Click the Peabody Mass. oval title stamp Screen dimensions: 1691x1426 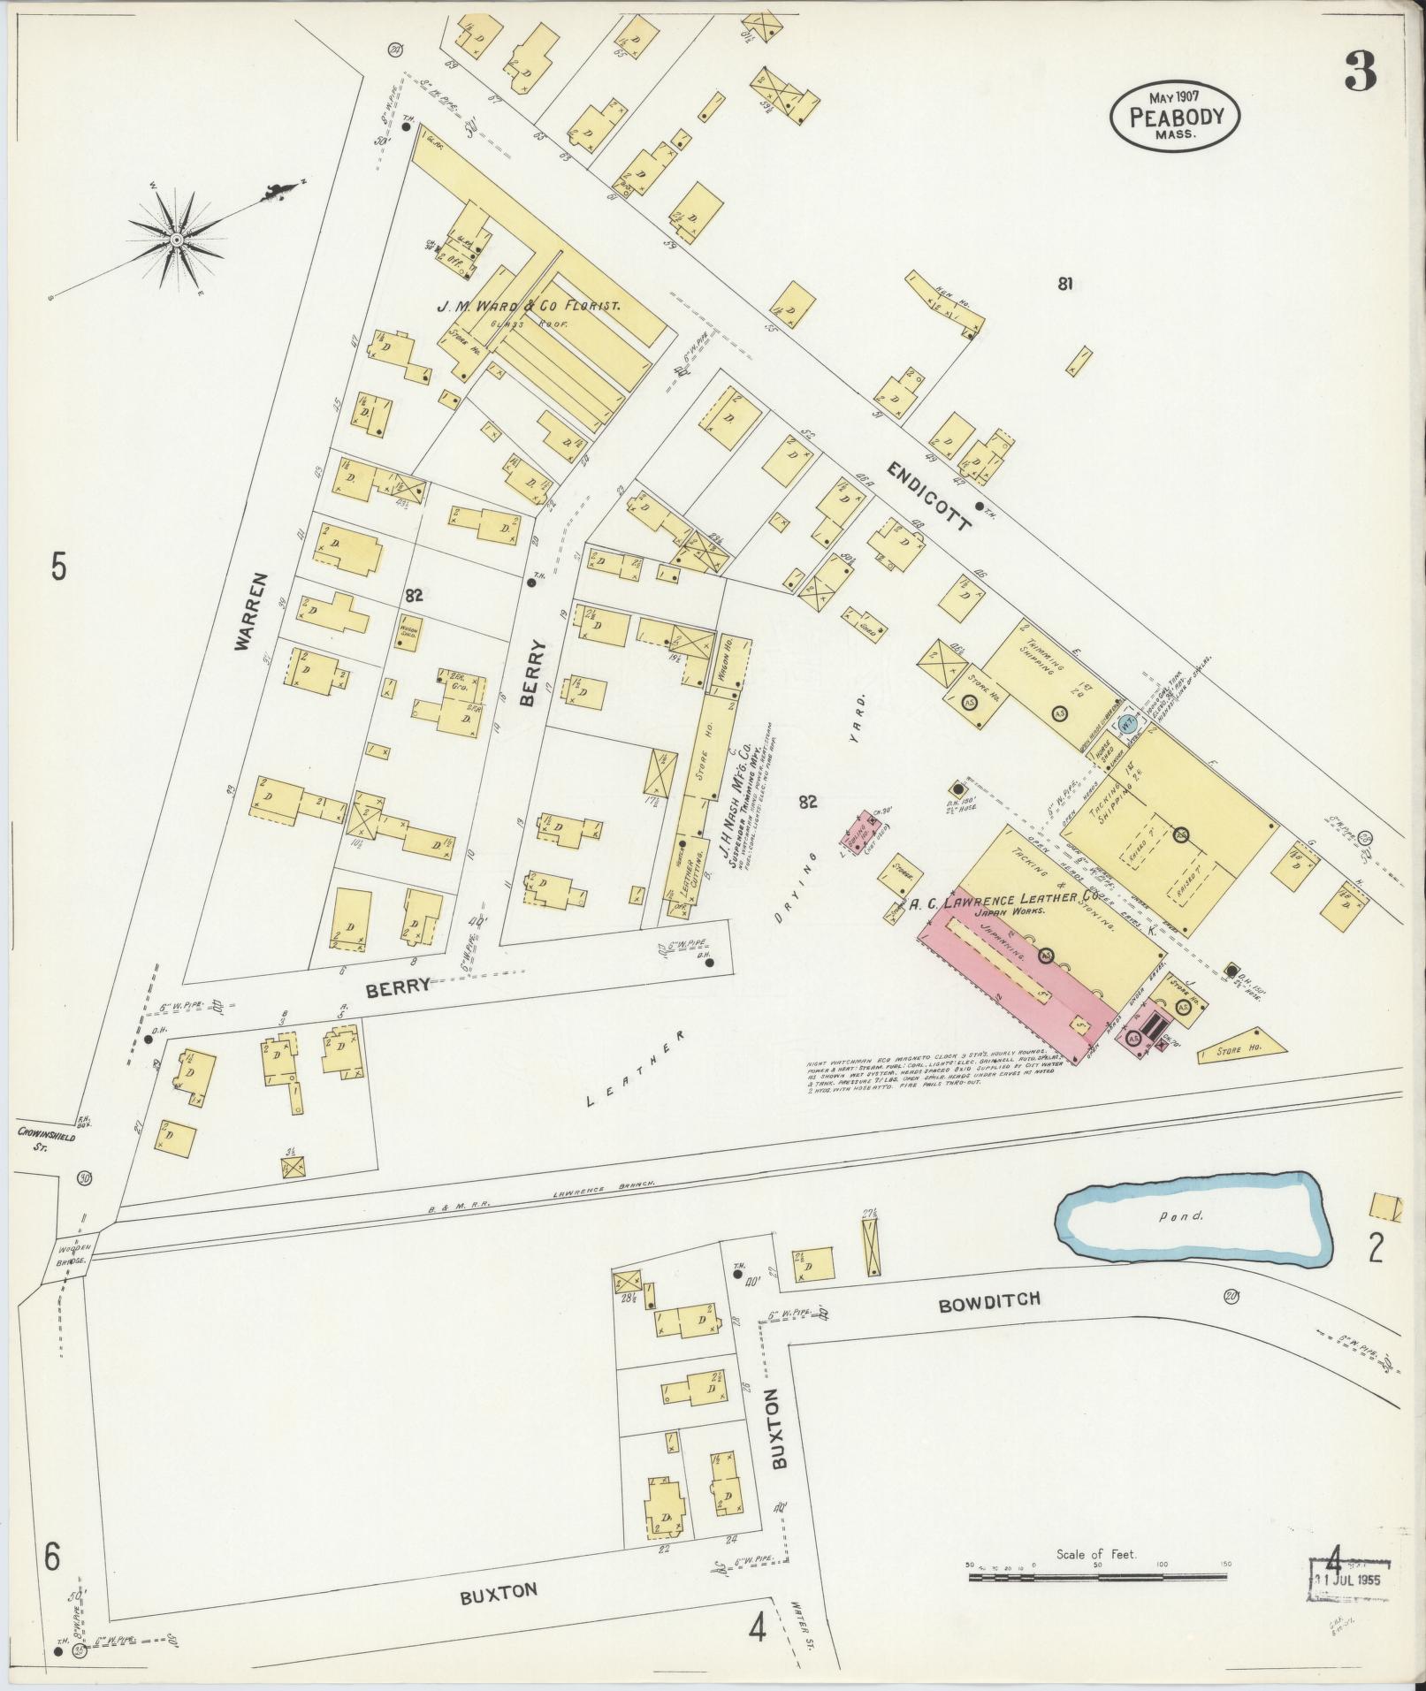click(1175, 118)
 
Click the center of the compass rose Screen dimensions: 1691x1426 click(176, 240)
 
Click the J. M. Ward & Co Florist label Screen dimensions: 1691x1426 click(529, 306)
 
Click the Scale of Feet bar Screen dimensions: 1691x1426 click(1096, 1574)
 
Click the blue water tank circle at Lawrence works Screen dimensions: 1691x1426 click(1125, 722)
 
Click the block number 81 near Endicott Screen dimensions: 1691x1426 click(1064, 285)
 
